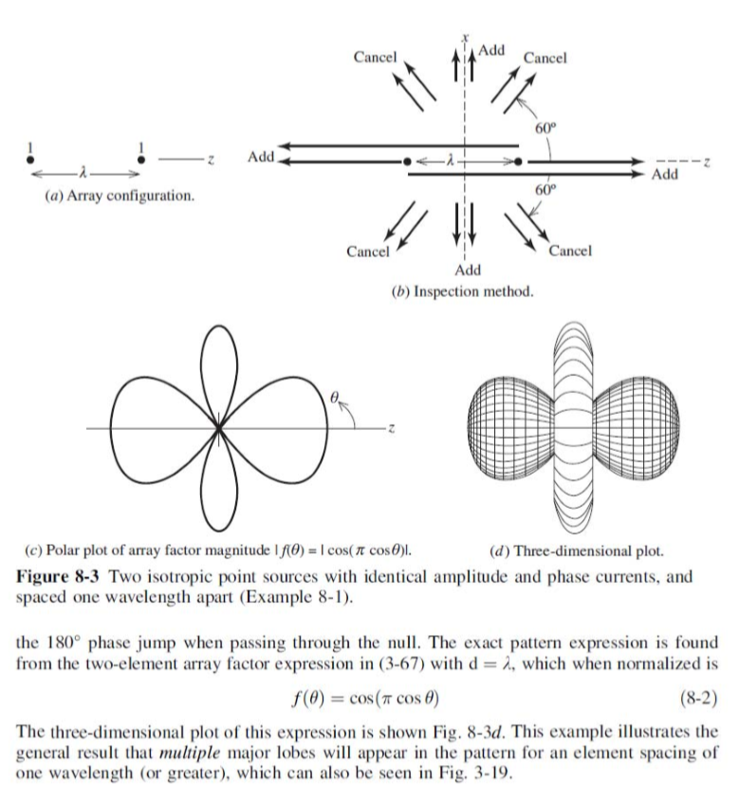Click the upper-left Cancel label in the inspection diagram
375,57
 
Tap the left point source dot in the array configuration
31,160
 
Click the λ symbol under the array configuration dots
86,176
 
